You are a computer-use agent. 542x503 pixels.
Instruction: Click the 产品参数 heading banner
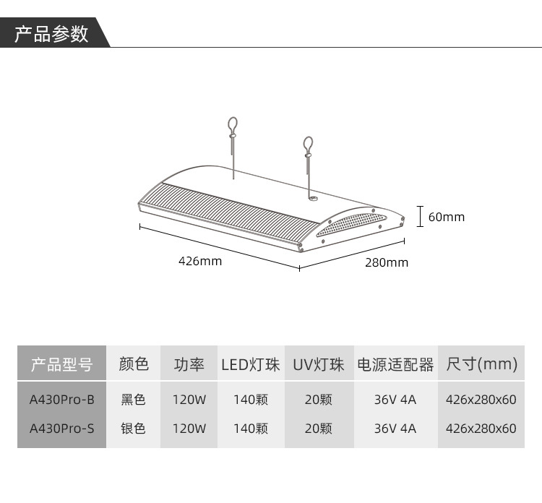click(x=52, y=34)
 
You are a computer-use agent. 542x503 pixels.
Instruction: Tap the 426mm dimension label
click(x=200, y=261)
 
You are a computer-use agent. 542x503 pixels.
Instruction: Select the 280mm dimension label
click(x=386, y=262)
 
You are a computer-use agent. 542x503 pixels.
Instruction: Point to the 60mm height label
click(x=446, y=217)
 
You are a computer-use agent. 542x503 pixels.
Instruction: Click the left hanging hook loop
click(x=233, y=124)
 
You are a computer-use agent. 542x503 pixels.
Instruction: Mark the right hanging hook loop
click(x=309, y=144)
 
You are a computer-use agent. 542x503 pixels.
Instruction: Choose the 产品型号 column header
click(x=61, y=364)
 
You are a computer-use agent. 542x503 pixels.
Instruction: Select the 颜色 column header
click(x=134, y=364)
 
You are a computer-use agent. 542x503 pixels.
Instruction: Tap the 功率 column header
click(x=189, y=364)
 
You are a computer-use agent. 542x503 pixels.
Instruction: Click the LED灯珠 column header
click(x=251, y=364)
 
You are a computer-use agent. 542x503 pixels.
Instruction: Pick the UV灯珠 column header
click(x=319, y=364)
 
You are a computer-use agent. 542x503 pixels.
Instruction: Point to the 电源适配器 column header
click(x=395, y=364)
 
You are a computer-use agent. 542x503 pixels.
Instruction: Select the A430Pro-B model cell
click(x=62, y=399)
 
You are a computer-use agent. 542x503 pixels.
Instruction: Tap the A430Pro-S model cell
click(x=62, y=428)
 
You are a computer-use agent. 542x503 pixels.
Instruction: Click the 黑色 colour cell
click(x=134, y=399)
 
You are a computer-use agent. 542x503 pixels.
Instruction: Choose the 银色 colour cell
click(x=134, y=428)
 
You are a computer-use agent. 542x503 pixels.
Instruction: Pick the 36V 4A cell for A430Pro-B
click(x=395, y=399)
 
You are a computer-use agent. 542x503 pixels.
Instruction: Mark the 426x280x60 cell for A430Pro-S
click(x=481, y=428)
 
